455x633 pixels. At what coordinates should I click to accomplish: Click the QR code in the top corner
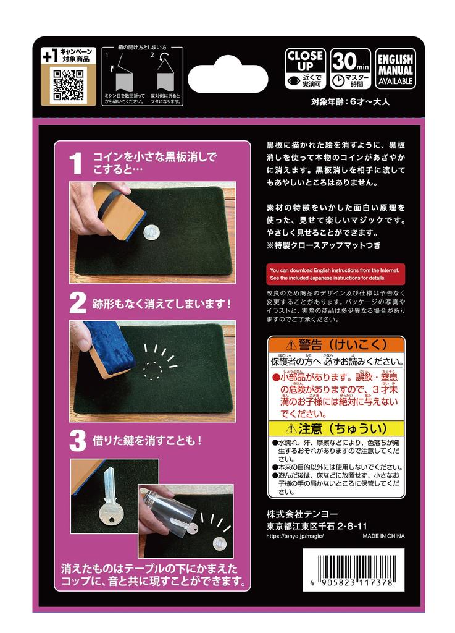click(x=68, y=85)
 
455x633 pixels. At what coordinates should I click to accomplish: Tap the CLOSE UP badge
click(x=305, y=68)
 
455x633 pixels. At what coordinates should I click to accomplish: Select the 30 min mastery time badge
click(x=351, y=68)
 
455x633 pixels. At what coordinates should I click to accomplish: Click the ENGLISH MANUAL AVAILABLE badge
click(x=396, y=68)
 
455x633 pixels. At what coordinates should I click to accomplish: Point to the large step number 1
click(x=75, y=163)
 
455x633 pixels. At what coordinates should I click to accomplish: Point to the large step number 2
click(x=77, y=304)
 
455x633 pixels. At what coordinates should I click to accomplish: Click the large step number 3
click(x=77, y=441)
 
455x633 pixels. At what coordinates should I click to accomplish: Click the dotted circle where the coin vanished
click(x=151, y=370)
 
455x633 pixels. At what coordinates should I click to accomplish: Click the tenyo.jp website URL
click(x=294, y=536)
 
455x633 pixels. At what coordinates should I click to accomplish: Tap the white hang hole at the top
click(x=228, y=79)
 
